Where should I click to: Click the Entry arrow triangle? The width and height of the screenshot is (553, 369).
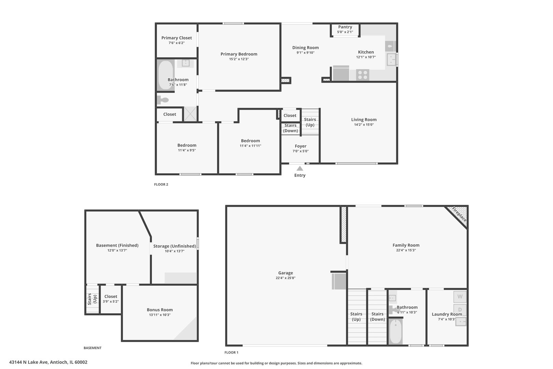click(300, 168)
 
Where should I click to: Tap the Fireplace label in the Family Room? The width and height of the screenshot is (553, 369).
click(459, 214)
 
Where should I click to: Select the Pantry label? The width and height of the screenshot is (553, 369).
click(345, 27)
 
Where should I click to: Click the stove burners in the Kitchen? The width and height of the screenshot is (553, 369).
click(363, 75)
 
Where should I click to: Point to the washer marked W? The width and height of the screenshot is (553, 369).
click(460, 297)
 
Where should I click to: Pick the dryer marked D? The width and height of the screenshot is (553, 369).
click(460, 310)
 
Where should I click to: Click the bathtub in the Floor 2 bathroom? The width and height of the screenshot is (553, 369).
click(166, 75)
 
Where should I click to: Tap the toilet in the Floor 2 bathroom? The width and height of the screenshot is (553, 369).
click(163, 100)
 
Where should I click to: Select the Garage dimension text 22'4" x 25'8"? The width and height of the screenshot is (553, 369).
click(285, 278)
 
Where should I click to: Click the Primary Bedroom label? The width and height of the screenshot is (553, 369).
click(239, 54)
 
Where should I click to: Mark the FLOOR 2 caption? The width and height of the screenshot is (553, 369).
click(161, 184)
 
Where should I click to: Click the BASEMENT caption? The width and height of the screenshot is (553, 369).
click(93, 348)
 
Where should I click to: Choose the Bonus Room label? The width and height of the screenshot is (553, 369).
click(160, 310)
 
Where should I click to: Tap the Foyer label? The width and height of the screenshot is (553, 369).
click(300, 146)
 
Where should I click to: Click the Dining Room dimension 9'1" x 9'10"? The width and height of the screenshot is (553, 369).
click(305, 53)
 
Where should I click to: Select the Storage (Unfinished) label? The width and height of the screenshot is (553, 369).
click(174, 246)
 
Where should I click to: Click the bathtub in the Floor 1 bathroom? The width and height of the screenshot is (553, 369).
click(396, 331)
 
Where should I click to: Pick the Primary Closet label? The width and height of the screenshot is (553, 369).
click(176, 38)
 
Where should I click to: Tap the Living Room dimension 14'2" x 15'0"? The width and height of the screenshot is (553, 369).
click(364, 125)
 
